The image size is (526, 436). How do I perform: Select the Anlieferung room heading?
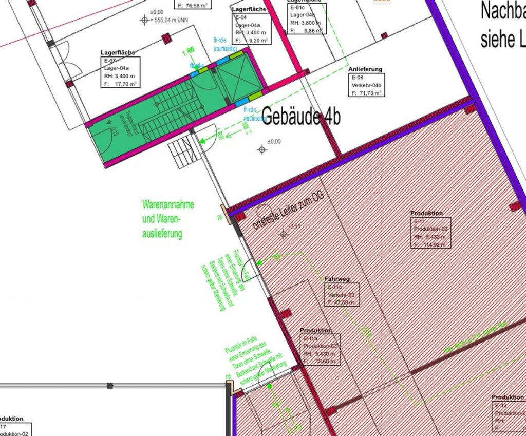click(365, 69)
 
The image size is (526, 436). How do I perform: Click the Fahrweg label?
click(337, 279)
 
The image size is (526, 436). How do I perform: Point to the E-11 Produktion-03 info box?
click(430, 233)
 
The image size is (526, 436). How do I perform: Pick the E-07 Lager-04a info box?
click(121, 73)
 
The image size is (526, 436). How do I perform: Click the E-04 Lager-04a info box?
click(248, 28)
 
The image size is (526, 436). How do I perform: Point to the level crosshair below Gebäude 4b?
click(262, 149)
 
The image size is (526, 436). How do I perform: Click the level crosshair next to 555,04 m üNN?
click(143, 20)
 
